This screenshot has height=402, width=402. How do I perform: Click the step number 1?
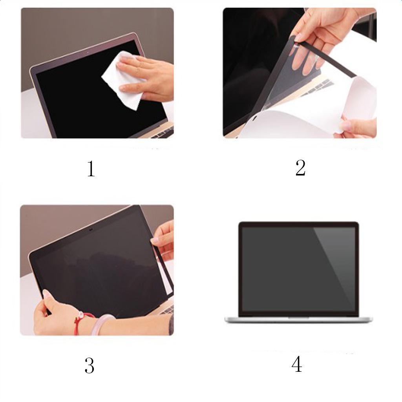click(x=91, y=169)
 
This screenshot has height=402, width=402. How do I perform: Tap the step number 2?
click(x=300, y=168)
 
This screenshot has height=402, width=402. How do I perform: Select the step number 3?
click(x=90, y=365)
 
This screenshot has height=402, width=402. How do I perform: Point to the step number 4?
click(x=297, y=364)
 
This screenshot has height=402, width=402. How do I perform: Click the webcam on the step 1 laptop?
click(x=88, y=53)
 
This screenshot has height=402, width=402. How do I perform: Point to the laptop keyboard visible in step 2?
click(x=317, y=87)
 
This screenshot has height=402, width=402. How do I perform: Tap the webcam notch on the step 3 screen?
click(x=91, y=229)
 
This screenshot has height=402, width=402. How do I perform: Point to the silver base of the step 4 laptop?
click(x=299, y=320)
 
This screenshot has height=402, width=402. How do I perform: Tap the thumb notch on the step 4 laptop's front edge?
click(x=299, y=318)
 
